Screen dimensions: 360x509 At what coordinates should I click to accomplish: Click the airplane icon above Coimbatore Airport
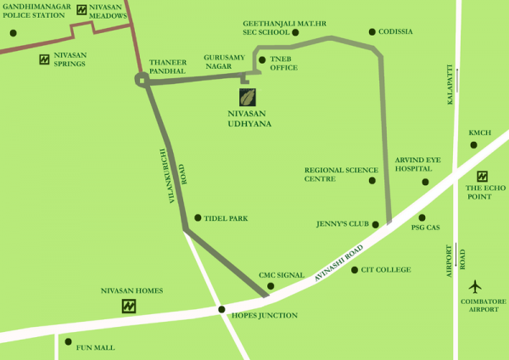coord(475,286)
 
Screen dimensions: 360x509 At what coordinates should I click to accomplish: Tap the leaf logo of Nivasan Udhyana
coord(249,97)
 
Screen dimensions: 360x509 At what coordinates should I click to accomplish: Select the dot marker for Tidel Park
coord(198,218)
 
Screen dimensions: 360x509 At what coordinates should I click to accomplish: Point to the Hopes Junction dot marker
coord(221,309)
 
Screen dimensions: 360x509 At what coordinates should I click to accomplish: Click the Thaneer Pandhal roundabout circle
coord(141,79)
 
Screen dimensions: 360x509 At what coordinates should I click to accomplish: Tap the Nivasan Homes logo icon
coord(129,306)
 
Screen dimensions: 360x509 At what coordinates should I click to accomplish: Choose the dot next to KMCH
coord(474,145)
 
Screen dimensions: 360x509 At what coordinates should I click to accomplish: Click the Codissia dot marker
coord(372,32)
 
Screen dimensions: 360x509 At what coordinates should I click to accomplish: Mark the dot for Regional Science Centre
coord(372,181)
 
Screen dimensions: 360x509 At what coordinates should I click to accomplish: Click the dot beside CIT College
coord(355,270)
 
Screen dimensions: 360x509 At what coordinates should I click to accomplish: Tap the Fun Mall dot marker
coord(68,341)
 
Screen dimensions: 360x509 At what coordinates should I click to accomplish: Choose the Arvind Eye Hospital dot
coord(426,182)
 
